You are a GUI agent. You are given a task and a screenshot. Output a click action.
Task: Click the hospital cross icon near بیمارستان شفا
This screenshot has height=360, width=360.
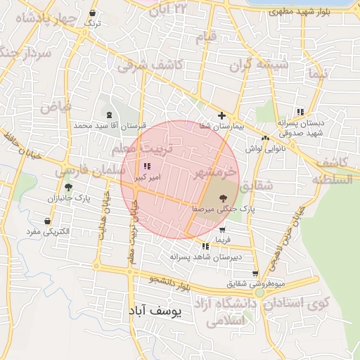[x=222, y=115]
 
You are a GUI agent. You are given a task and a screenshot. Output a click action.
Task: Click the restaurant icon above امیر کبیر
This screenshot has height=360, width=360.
[x=146, y=167]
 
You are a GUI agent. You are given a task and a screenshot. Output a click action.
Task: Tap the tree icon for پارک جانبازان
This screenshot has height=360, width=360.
[x=68, y=187]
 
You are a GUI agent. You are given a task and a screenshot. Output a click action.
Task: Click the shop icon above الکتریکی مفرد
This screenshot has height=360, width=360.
[x=46, y=221]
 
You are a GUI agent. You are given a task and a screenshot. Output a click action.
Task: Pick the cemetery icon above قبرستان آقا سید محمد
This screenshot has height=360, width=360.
[x=108, y=115]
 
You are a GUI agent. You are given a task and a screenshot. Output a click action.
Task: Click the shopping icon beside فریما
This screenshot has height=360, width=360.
[x=223, y=230]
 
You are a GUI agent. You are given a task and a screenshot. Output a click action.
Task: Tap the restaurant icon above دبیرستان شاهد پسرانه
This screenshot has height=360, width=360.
[x=205, y=247]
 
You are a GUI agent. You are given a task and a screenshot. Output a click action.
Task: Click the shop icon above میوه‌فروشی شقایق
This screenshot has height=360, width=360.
[x=255, y=274]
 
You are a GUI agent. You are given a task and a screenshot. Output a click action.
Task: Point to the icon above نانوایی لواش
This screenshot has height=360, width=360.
[x=265, y=138]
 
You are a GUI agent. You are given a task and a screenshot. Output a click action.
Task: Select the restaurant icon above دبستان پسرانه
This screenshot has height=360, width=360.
[x=300, y=112]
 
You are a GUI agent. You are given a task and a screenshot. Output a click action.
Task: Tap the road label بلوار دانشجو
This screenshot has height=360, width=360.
[x=169, y=283]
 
